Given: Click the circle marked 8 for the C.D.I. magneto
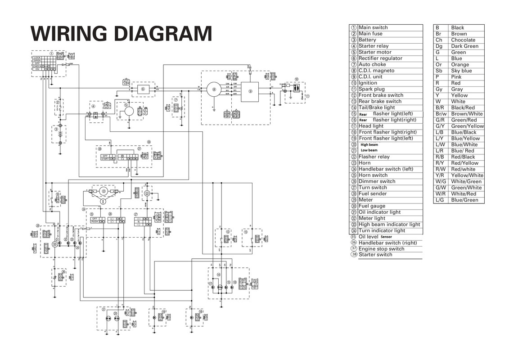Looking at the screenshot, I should pyautogui.click(x=214, y=90).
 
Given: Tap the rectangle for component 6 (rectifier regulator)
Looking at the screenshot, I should pyautogui.click(x=143, y=89).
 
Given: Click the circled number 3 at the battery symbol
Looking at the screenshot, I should pyautogui.click(x=56, y=128).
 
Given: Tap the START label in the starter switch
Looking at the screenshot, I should pyautogui.click(x=105, y=159).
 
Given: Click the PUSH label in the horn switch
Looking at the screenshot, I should pyautogui.click(x=95, y=221).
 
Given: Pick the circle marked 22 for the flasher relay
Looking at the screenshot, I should pyautogui.click(x=147, y=193).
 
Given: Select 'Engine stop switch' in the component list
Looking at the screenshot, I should pyautogui.click(x=381, y=249).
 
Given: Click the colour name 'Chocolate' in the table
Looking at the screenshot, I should pyautogui.click(x=463, y=40).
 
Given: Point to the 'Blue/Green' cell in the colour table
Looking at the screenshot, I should pyautogui.click(x=464, y=200).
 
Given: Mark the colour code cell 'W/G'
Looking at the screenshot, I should pyautogui.click(x=440, y=181).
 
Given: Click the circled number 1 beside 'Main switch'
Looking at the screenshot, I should pyautogui.click(x=354, y=27).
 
